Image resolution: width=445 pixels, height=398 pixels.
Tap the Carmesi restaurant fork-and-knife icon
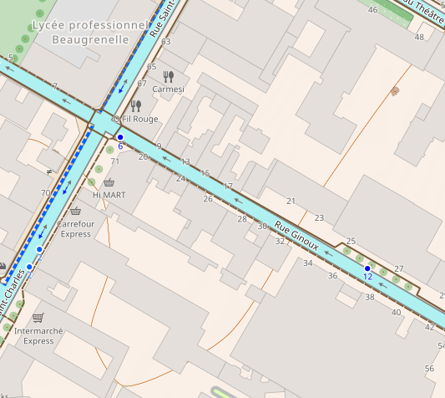coord(169,76)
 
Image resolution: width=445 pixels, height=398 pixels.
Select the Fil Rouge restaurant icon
coord(136,105)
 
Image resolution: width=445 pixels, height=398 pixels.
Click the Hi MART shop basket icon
coord(109,182)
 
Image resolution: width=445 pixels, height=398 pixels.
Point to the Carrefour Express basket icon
coord(76,212)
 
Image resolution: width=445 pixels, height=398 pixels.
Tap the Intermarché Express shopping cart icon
coord(38,318)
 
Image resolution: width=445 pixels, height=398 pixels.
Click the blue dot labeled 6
coord(120,136)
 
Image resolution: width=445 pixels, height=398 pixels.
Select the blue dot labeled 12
coord(367,268)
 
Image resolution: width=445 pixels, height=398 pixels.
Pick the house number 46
coord(372,10)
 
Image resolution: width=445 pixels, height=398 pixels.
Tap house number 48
coord(419,37)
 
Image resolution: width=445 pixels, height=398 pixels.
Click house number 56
coord(430,369)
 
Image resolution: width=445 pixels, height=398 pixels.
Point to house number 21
coord(291,201)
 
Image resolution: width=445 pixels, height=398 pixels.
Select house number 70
coord(45,193)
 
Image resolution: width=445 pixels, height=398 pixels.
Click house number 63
coord(165,41)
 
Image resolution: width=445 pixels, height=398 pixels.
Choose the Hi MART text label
coord(109,195)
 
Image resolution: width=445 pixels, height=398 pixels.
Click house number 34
coord(308,263)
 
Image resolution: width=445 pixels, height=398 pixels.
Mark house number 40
coord(396,313)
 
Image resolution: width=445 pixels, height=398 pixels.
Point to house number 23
coord(319,217)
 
